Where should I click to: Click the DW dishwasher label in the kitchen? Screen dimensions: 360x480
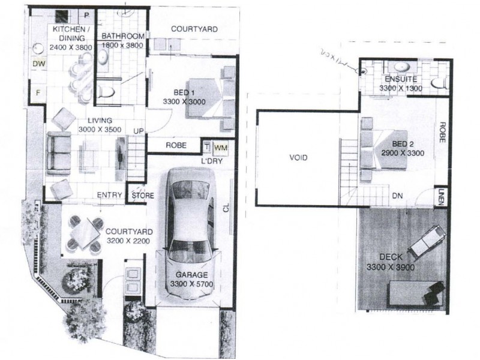pyautogui.click(x=39, y=64)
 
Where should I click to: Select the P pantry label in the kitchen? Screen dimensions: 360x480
pyautogui.click(x=86, y=15)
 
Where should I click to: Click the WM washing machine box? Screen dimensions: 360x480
pyautogui.click(x=220, y=146)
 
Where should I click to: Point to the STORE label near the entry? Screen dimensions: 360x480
pyautogui.click(x=142, y=196)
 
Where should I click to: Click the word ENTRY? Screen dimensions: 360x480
pyautogui.click(x=110, y=195)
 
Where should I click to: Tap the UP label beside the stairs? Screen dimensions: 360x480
pyautogui.click(x=138, y=131)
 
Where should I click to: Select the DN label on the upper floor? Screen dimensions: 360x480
pyautogui.click(x=397, y=196)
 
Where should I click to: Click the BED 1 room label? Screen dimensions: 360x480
pyautogui.click(x=184, y=97)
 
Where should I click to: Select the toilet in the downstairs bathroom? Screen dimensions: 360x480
pyautogui.click(x=107, y=92)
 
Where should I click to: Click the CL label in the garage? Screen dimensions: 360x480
pyautogui.click(x=226, y=207)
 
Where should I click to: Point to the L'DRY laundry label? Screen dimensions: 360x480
pyautogui.click(x=213, y=160)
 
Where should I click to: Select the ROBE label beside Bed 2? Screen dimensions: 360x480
pyautogui.click(x=442, y=131)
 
